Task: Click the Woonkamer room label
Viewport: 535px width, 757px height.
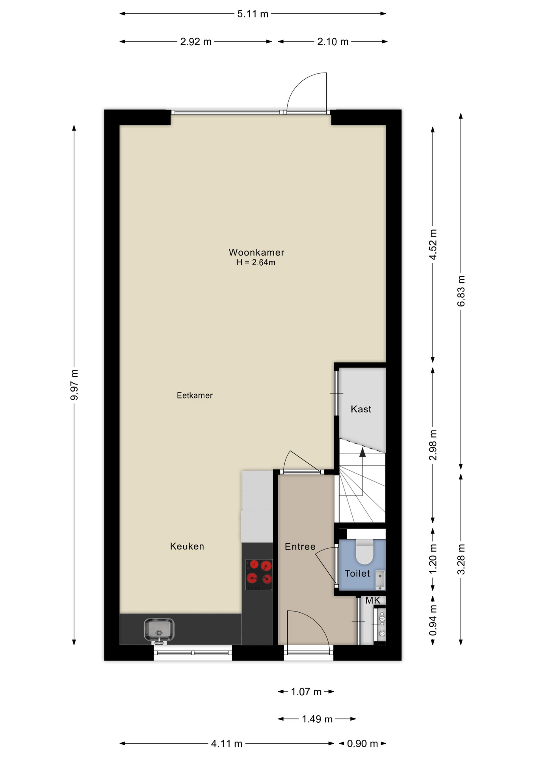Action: click(x=256, y=252)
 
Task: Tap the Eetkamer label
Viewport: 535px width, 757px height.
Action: click(x=195, y=395)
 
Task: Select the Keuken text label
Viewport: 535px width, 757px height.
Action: click(x=187, y=546)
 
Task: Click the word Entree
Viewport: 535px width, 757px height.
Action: click(x=300, y=546)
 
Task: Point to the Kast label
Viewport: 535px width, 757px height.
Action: click(x=361, y=409)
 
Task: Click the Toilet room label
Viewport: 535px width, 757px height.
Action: click(x=357, y=574)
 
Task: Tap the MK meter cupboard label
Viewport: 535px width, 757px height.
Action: click(x=373, y=600)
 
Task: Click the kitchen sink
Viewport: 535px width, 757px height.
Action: click(x=159, y=630)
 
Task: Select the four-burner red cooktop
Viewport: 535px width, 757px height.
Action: click(x=259, y=574)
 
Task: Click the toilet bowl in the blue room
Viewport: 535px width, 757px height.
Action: click(x=364, y=552)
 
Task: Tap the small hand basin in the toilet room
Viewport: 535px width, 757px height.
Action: click(x=380, y=580)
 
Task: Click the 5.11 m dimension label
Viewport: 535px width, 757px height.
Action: click(x=253, y=14)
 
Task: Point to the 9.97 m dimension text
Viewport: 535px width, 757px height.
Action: click(x=74, y=385)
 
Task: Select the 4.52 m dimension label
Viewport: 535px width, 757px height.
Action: click(x=433, y=244)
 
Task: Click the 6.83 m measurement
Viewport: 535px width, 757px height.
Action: click(x=461, y=291)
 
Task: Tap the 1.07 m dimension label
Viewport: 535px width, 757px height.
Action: click(x=306, y=692)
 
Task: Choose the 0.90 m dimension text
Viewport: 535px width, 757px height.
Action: click(x=362, y=744)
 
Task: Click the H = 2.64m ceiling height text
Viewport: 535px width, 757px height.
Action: click(x=256, y=263)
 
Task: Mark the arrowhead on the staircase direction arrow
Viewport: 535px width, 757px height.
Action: click(x=362, y=452)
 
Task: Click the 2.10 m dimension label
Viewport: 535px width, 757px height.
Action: click(x=333, y=42)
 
